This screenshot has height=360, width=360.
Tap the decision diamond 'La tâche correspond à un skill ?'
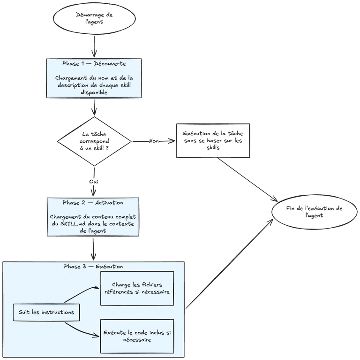pos(94,141)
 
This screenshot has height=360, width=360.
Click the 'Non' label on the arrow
pos(153,141)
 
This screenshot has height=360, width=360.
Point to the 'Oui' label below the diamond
pos(93,181)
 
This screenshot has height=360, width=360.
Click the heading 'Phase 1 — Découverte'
pos(94,63)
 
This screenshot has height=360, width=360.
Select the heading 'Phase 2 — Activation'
pos(93,203)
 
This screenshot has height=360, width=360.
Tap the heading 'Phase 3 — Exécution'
pos(93,266)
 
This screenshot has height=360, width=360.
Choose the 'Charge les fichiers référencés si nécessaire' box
pos(137,288)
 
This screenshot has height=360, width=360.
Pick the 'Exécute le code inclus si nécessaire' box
pos(137,336)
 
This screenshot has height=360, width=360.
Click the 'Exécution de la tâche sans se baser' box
pos(213,140)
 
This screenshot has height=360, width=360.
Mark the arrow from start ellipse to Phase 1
pos(95,47)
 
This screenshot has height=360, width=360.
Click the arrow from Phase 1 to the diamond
pos(94,107)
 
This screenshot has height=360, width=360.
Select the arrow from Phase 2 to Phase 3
pos(93,249)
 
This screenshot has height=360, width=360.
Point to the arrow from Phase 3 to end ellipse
pos(230,263)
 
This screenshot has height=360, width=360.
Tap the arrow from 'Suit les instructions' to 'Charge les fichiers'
pos(82,292)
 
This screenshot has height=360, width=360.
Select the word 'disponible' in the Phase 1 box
pos(94,92)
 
